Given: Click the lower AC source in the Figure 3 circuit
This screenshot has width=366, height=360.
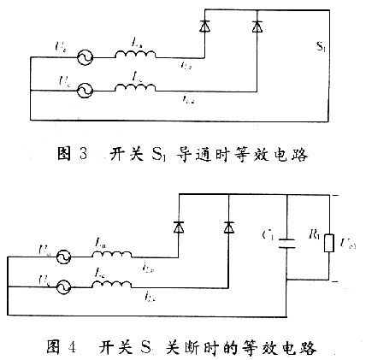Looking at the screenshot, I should pos(85,90).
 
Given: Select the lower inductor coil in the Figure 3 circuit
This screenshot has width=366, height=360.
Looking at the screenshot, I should pos(135,87).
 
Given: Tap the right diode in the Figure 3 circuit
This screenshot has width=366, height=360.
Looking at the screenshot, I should pos(257,27).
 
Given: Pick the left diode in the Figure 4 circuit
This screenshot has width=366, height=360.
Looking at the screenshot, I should pos(179,226).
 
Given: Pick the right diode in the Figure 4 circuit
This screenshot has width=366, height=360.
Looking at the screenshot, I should pos(227,226).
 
